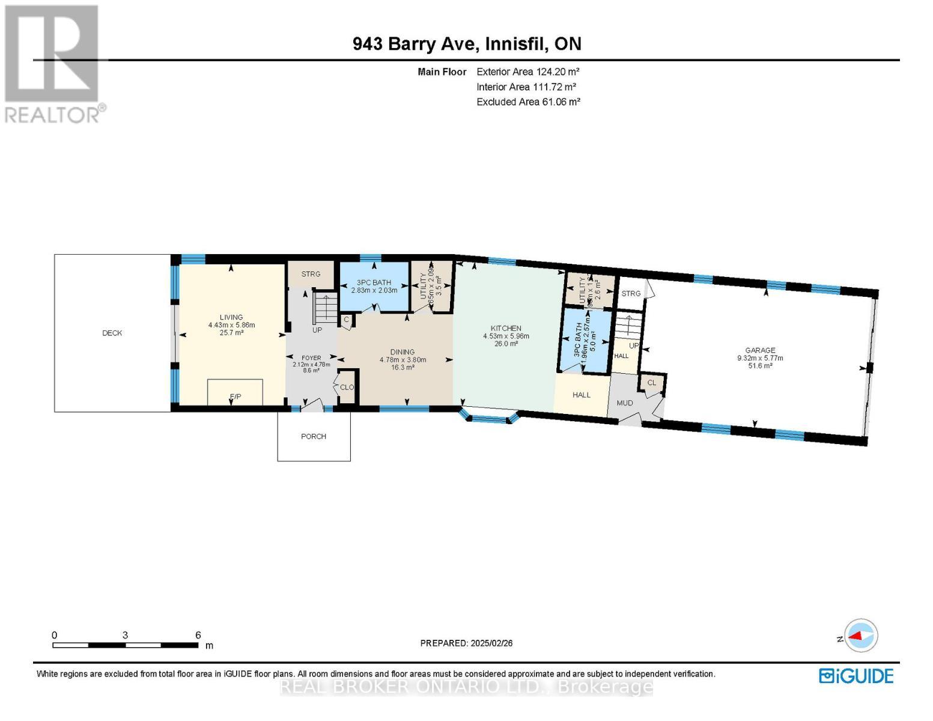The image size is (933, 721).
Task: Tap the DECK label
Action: (x=112, y=333)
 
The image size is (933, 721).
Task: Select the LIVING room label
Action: (x=231, y=317)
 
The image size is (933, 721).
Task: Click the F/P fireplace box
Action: (x=235, y=392)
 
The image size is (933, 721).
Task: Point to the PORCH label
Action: (x=314, y=437)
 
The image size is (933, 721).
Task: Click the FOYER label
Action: (x=311, y=357)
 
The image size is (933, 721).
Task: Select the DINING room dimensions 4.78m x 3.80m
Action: (x=403, y=360)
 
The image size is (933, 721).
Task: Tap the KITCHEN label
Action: (x=506, y=328)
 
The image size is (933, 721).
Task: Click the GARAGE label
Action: (x=760, y=350)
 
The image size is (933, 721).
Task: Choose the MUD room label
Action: (x=625, y=403)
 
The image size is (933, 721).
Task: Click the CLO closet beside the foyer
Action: (x=347, y=388)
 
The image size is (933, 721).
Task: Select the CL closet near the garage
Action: (x=652, y=383)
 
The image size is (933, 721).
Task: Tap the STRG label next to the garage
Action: (x=631, y=293)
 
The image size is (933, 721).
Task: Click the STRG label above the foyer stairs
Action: (x=311, y=274)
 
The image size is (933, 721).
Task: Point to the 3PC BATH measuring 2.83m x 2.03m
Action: (x=374, y=286)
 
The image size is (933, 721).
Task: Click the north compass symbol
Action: (x=861, y=635)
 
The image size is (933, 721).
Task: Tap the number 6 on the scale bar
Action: (x=198, y=635)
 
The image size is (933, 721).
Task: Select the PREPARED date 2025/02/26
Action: (x=466, y=643)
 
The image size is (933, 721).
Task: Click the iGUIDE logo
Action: (x=856, y=676)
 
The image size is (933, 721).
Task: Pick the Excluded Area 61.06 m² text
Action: (x=528, y=102)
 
